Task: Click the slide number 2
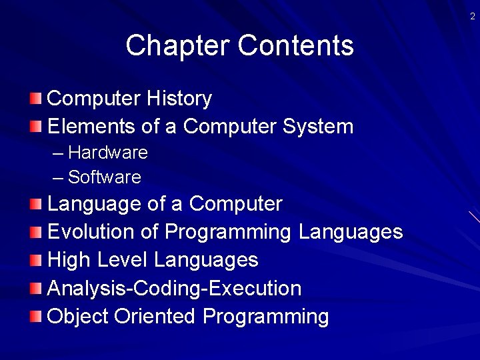click(473, 17)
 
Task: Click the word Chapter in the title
click(177, 46)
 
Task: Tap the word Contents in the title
click(295, 46)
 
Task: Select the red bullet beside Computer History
click(36, 99)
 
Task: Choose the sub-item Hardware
click(107, 153)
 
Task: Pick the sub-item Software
click(105, 177)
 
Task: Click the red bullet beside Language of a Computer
click(36, 204)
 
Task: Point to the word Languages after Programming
click(351, 232)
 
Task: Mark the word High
click(67, 260)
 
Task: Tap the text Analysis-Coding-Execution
click(175, 289)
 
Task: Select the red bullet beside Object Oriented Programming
click(36, 317)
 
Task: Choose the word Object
click(78, 317)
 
